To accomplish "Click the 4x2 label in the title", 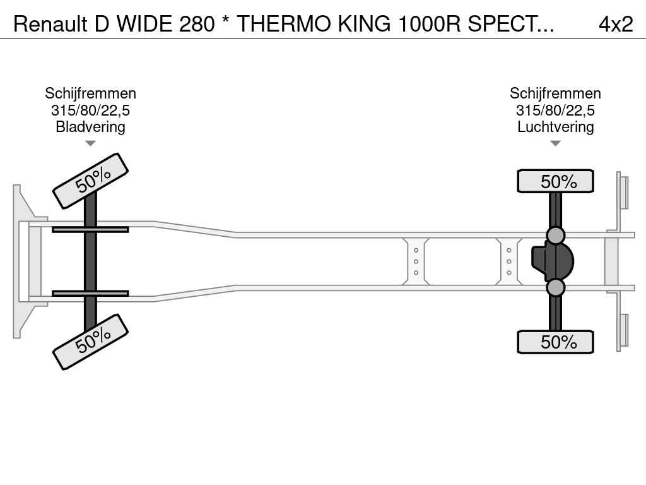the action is pos(616,25).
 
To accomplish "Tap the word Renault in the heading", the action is pos(50,25).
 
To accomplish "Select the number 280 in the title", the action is pos(197,25).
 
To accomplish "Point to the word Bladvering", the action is pos(90,126).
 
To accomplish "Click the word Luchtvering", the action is pos(555,126).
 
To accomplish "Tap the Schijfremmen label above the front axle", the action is pos(90,93).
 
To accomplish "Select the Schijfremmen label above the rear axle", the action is pos(555,93).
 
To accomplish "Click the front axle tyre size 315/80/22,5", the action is pos(90,110).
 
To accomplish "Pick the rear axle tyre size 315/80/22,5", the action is pos(555,110).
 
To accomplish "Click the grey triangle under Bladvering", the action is pos(90,143).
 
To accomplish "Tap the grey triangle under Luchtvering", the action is pos(555,143).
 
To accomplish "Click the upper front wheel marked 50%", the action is pos(91,181).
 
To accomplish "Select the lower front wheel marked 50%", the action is pos(91,342).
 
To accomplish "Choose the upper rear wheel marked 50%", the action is pos(555,181).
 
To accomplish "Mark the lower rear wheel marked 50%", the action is pos(555,342).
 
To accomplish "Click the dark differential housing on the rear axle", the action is pos(552,261).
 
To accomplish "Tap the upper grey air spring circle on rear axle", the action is pos(555,236).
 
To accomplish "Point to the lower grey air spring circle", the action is pos(555,287).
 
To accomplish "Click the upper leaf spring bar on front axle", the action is pos(90,229).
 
